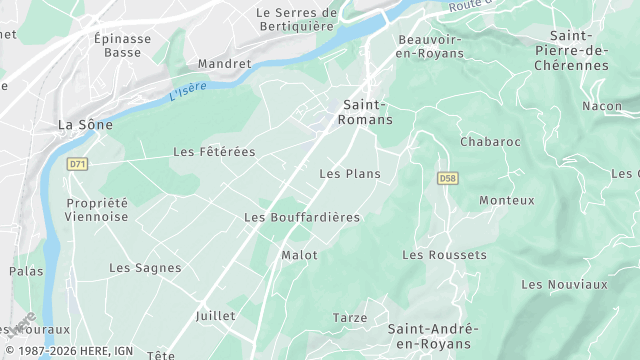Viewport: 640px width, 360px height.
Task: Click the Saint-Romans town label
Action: coord(367,111)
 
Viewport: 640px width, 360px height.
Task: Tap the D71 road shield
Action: coord(77,163)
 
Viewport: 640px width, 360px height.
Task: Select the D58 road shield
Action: coord(447,178)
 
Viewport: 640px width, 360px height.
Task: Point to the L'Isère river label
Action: coord(188,92)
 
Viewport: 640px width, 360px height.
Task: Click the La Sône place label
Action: coord(85,125)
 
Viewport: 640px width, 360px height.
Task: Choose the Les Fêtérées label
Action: coord(214,152)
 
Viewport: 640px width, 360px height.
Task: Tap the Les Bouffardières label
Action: coord(302,217)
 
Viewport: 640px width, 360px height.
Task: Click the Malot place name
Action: coord(299,255)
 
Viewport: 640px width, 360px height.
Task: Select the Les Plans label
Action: coord(349,174)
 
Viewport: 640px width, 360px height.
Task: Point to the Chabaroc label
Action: coord(490,142)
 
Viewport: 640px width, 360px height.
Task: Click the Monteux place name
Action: coord(507,200)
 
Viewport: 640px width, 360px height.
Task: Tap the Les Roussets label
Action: coord(444,255)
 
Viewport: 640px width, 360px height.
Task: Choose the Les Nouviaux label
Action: coord(564,284)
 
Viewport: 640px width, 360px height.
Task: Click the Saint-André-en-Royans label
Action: coord(433,336)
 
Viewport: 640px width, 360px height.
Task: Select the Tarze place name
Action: coord(350,318)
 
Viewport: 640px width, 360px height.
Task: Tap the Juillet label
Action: coord(216,316)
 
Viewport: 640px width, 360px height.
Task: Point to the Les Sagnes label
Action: coord(145,268)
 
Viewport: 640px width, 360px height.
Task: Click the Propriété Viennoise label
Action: coord(97,209)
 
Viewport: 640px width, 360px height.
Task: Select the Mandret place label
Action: coord(225,63)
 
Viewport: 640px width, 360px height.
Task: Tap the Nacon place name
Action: coord(602,106)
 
